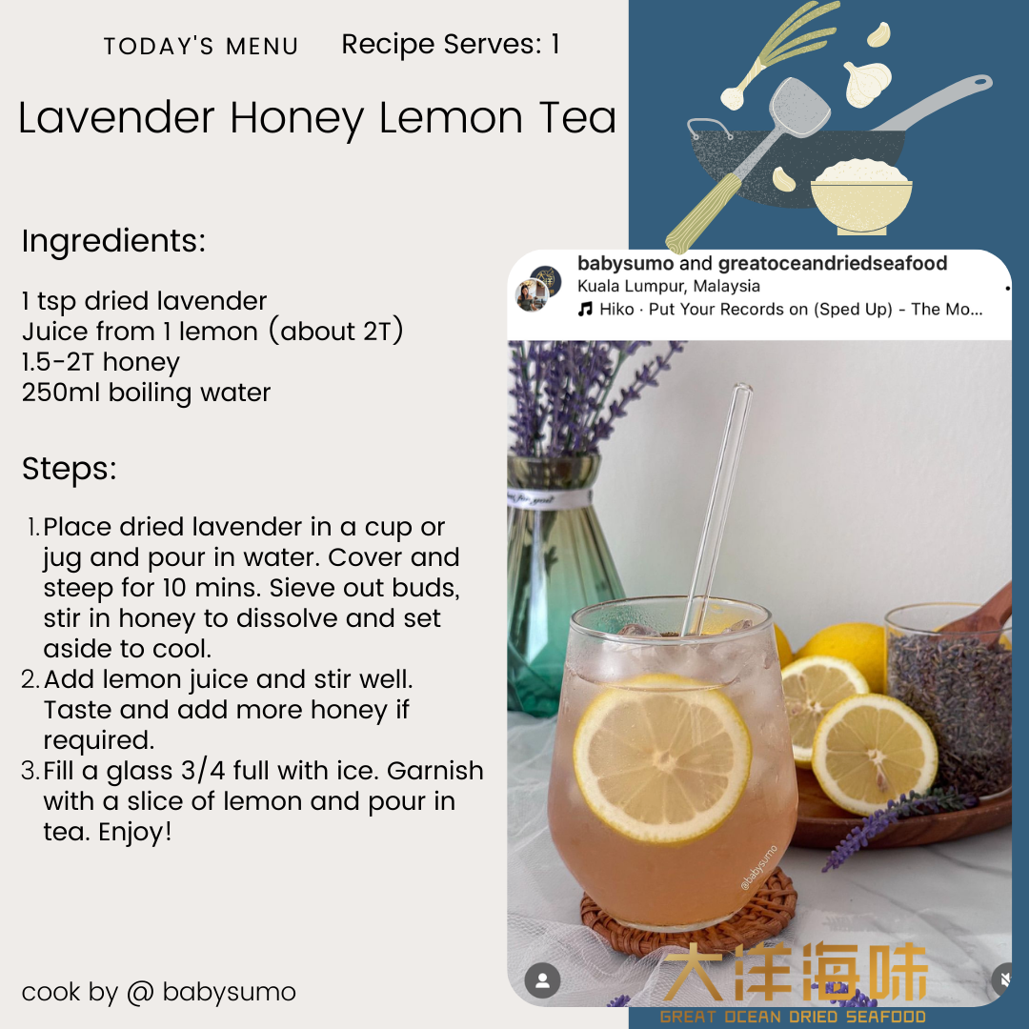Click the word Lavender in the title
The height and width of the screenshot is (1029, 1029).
[x=116, y=118]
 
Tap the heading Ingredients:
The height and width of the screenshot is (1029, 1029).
[x=113, y=241]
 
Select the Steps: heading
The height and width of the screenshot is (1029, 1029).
[x=69, y=469]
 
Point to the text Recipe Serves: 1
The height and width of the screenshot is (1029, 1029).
[x=450, y=45]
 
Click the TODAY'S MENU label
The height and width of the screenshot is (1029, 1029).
[x=201, y=47]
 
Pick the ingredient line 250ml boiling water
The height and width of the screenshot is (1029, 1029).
[x=146, y=393]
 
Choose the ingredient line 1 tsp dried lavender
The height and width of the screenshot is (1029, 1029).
[x=145, y=301]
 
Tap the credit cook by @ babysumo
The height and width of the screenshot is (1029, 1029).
[x=159, y=992]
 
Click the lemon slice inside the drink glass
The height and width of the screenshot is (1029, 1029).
[x=661, y=758]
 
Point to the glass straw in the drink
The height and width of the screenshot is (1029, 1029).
[x=716, y=509]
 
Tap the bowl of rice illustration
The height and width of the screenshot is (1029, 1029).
[x=861, y=196]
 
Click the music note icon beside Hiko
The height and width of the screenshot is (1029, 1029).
[x=585, y=309]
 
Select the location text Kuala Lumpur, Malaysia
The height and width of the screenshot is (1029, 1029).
[x=669, y=286]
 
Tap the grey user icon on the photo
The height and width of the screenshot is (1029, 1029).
[x=542, y=980]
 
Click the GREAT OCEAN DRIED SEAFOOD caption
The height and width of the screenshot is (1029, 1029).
[x=793, y=1017]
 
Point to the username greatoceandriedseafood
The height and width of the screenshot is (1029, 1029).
[x=833, y=263]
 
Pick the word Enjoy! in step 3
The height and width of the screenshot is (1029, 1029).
[x=135, y=832]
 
